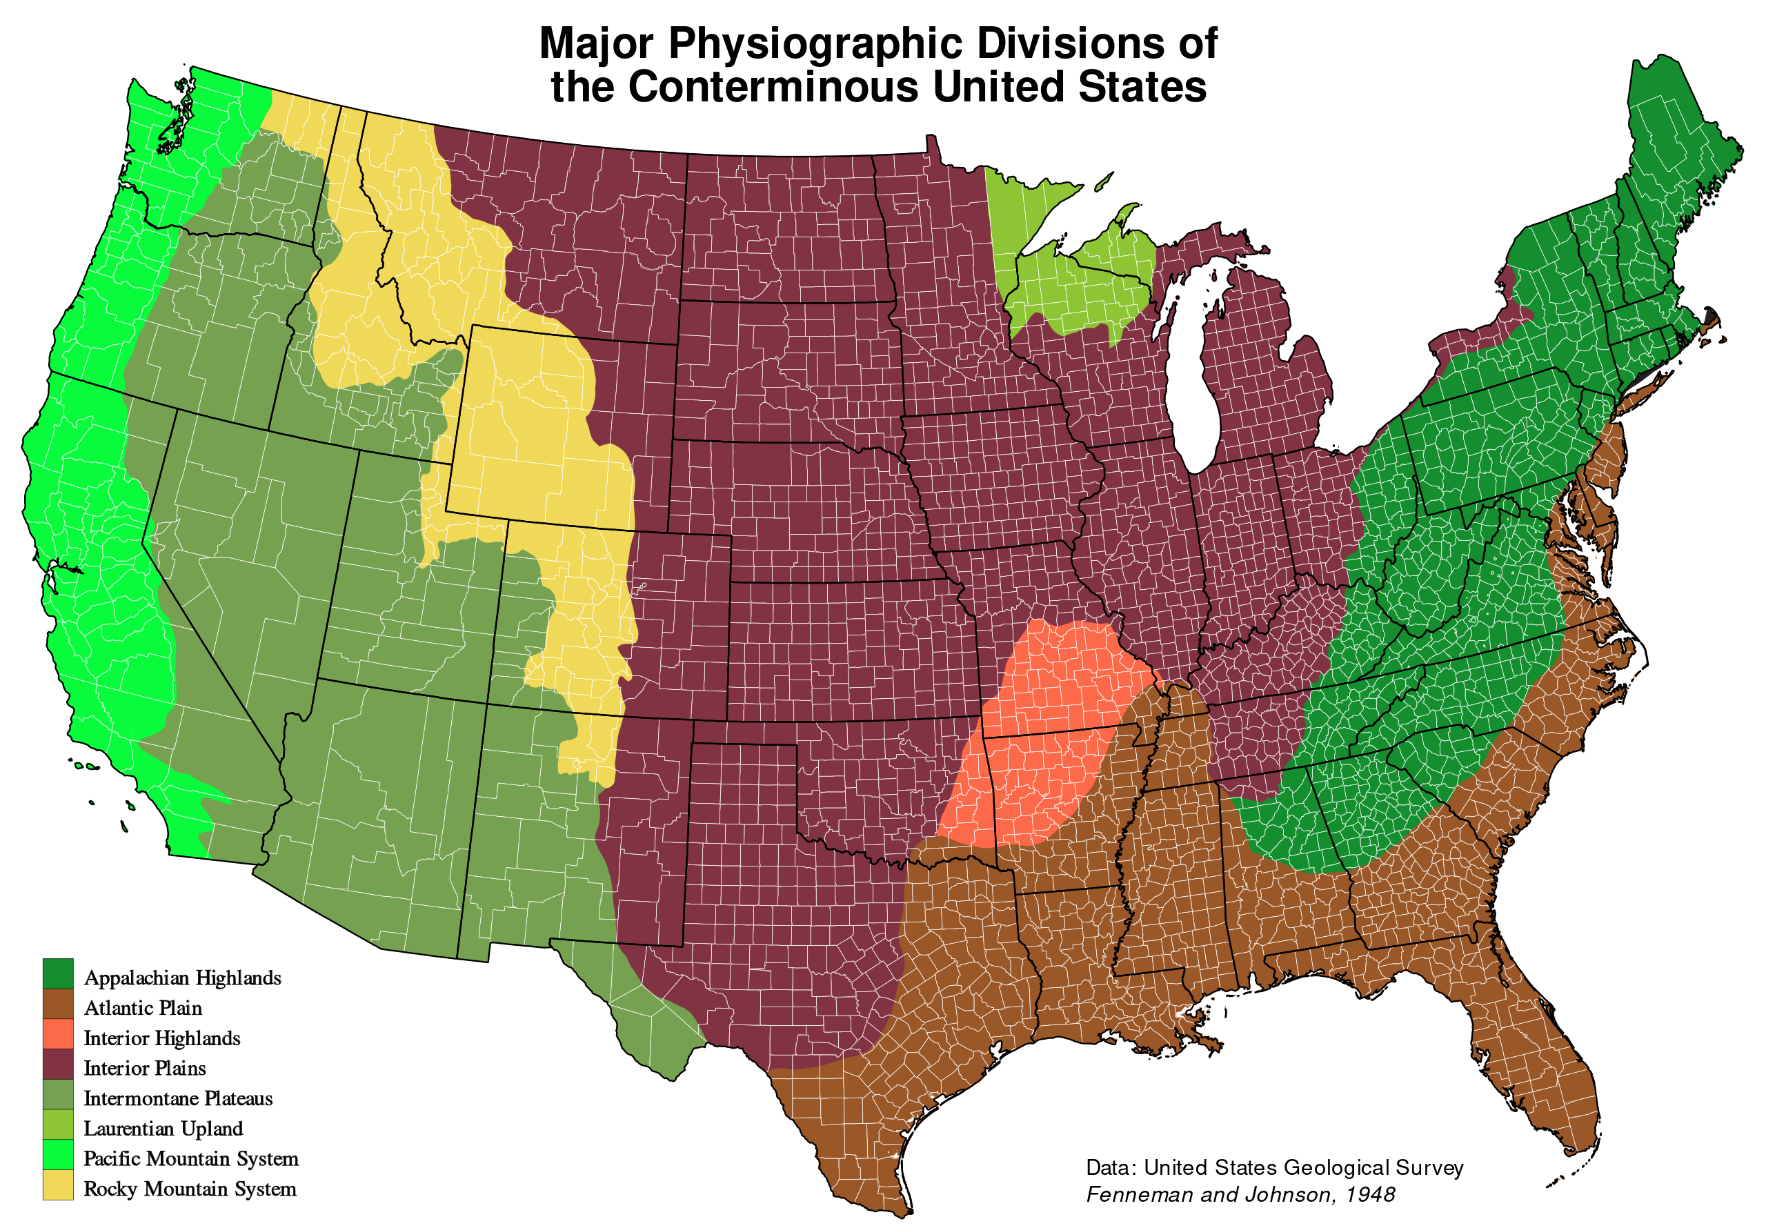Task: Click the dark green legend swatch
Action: [x=58, y=973]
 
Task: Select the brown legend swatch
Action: [x=58, y=1003]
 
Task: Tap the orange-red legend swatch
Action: [x=58, y=1033]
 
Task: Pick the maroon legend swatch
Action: [x=58, y=1063]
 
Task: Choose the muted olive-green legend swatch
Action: [x=58, y=1093]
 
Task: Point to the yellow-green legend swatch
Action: [x=58, y=1123]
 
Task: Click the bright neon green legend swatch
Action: [x=58, y=1153]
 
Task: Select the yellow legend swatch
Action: [x=58, y=1184]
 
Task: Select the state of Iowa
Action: [x=992, y=477]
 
